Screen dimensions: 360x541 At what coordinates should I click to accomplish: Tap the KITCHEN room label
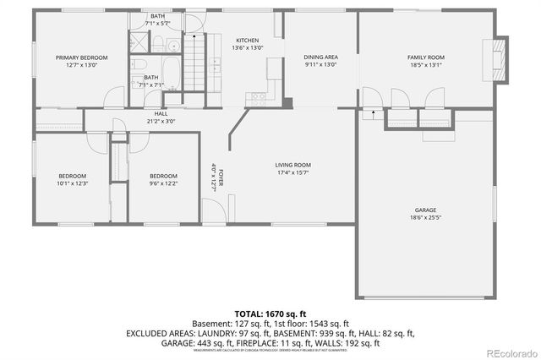[x=247, y=41]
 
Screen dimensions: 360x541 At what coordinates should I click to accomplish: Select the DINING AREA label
[x=320, y=57]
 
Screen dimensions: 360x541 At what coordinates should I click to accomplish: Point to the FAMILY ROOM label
[x=426, y=57]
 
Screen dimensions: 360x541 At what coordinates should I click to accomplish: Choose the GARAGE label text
[x=425, y=210]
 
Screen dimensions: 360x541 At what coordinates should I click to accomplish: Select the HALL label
[x=160, y=113]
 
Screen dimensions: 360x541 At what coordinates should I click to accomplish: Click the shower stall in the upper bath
[x=139, y=43]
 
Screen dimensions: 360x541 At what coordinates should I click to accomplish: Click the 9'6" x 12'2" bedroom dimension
[x=163, y=183]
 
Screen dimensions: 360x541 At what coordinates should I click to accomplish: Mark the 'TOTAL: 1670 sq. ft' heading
[x=270, y=313]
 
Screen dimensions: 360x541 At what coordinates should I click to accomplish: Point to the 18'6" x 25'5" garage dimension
[x=425, y=217]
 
